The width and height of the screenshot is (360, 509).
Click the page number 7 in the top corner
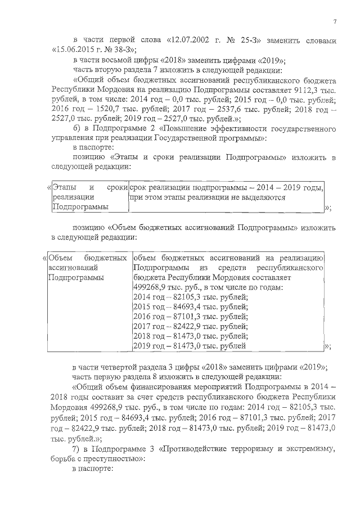334,21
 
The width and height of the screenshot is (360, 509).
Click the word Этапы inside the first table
64,186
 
